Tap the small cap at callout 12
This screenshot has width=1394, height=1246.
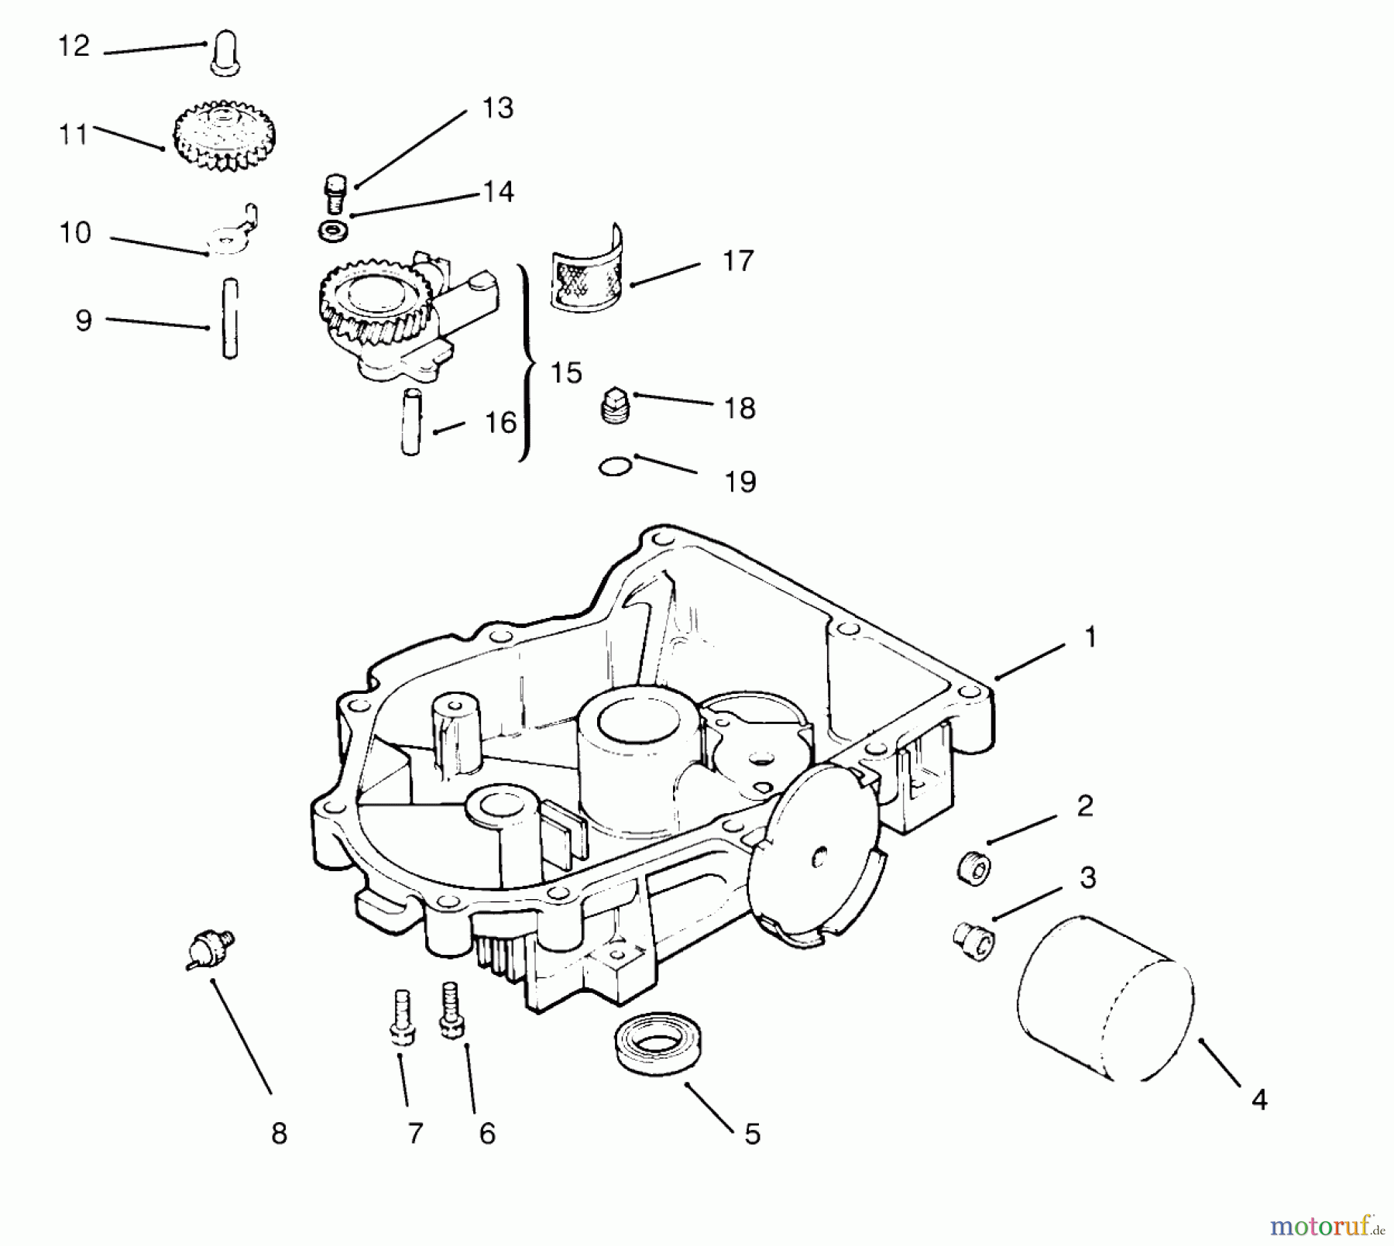pos(224,52)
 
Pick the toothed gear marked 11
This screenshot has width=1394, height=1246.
pos(225,139)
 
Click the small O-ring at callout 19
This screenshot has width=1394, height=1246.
pos(616,467)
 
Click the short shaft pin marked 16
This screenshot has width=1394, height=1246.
pos(410,422)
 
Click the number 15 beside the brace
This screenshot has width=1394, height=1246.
pos(566,373)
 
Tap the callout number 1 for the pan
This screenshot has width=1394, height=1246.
pos(1090,637)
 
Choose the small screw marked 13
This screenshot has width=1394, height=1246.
pos(334,193)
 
